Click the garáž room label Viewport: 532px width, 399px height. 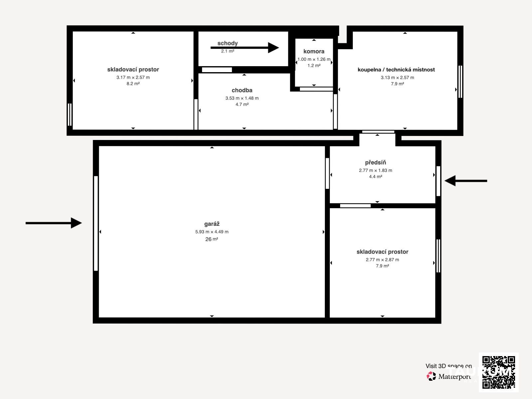coord(212,224)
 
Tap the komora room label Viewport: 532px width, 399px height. coord(314,51)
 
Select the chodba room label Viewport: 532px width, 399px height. coord(242,90)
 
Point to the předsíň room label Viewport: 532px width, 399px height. coord(375,162)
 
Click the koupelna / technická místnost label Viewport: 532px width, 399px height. coord(396,70)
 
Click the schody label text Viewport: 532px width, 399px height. coord(227,43)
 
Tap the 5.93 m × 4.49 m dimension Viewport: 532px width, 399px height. coord(212,232)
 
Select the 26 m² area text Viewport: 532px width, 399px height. coord(211,239)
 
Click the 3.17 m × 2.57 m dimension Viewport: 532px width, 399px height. coord(133,77)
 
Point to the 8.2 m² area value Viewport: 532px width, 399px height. coord(133,84)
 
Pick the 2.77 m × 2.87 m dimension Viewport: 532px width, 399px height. coord(382,260)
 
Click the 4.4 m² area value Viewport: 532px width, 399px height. coord(375,177)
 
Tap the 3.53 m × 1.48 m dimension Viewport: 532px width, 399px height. coord(242,98)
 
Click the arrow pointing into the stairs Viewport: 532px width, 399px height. coord(245,48)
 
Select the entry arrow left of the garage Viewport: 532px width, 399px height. coord(54,223)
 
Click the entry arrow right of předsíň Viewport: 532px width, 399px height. coord(465,181)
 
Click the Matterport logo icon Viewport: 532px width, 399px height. coord(431,376)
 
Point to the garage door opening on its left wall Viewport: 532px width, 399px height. coord(96,223)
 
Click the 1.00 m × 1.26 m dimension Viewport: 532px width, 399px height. coord(314,60)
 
